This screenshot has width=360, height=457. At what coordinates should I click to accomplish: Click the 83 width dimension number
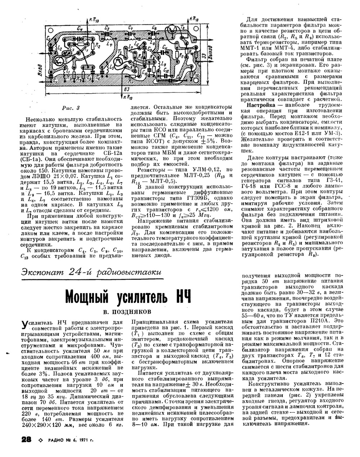126,89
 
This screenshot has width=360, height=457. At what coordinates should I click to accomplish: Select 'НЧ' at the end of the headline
180,296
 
